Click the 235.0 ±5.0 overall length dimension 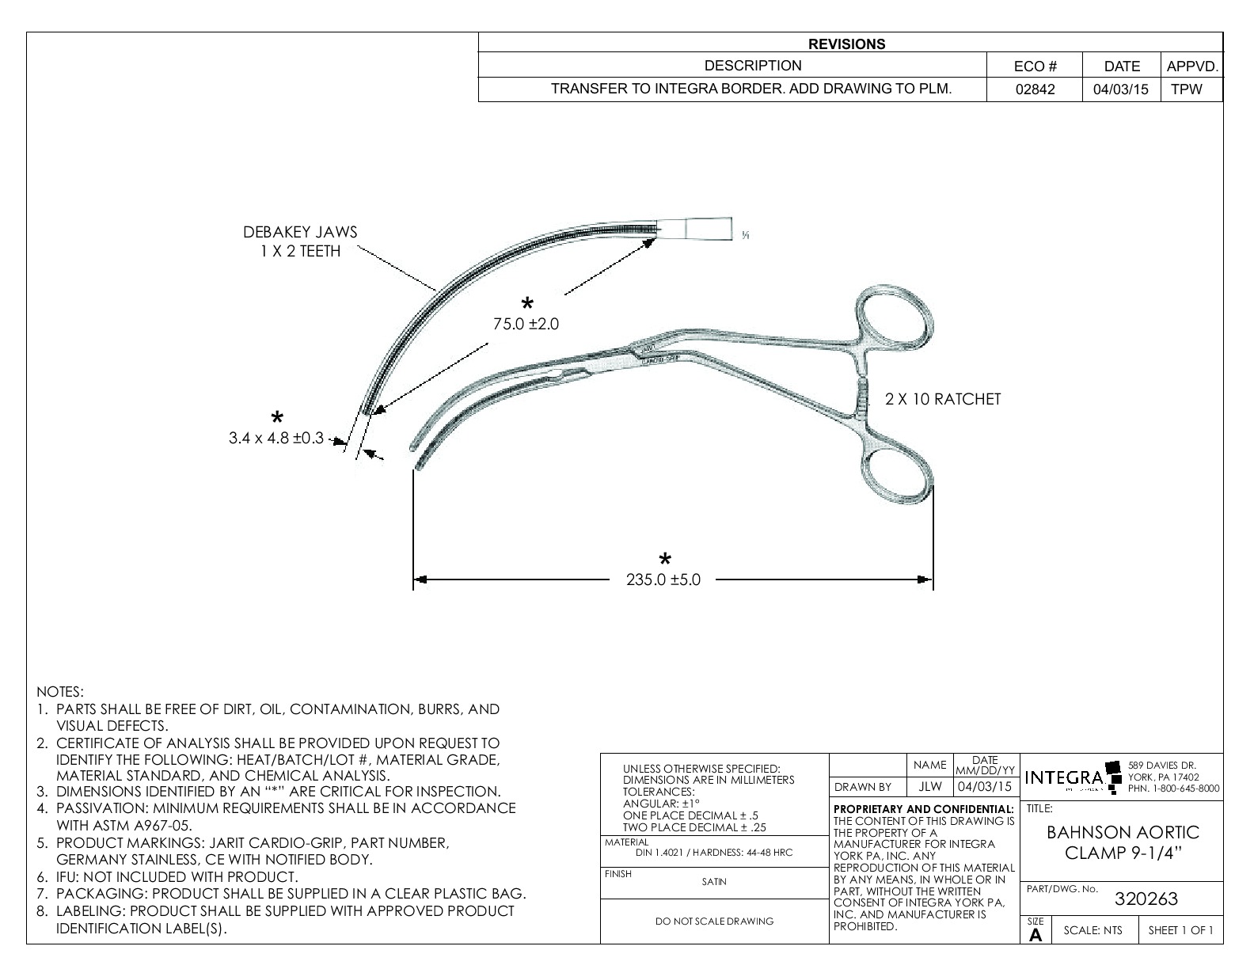[663, 579]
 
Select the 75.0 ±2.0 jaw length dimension [526, 324]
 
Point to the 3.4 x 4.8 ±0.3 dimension [276, 438]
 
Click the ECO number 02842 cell [1035, 89]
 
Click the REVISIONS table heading [846, 44]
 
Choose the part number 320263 [1146, 899]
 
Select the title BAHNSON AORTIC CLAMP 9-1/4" [1123, 843]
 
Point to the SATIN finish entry [714, 881]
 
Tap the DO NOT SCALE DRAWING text [715, 921]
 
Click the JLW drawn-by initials [929, 787]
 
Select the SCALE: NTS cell [1092, 930]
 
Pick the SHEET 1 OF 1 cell [1180, 930]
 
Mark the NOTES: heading [60, 692]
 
